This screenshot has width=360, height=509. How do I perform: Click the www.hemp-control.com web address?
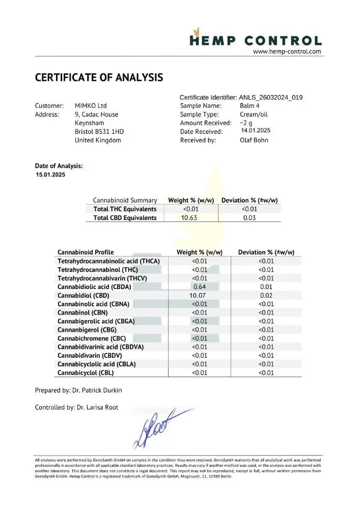pos(287,51)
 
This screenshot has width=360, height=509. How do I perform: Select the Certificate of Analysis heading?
pos(99,77)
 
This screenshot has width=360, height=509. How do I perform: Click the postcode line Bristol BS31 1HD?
pos(99,131)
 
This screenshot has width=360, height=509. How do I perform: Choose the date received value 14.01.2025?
pos(256,130)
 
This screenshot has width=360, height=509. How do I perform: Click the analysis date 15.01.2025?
pos(50,175)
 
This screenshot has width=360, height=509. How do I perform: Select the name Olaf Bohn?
pos(254,140)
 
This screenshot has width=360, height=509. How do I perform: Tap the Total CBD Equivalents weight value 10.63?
pos(189,218)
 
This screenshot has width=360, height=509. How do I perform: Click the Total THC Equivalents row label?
pos(125,209)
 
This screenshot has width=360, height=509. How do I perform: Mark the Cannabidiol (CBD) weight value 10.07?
pos(199,295)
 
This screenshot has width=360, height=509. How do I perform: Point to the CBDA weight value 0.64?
pos(199,287)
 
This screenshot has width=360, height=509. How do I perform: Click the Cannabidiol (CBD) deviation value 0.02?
pos(266,295)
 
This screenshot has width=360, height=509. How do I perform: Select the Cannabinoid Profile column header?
pos(86,252)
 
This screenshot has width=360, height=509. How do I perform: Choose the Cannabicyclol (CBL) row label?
pos(86,373)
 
